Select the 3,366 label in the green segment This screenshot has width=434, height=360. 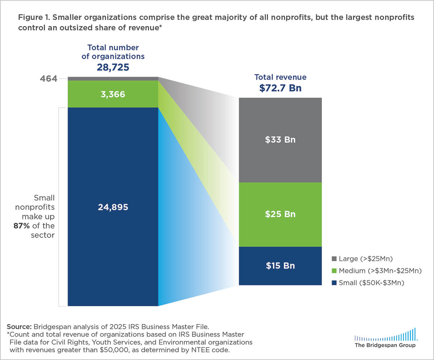pos(112,95)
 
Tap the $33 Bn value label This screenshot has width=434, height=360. pos(280,140)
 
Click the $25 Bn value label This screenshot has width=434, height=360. pos(280,214)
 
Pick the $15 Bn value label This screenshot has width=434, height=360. pos(280,266)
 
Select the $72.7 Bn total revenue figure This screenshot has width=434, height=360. pos(280,88)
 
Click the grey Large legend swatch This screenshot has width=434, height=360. pos(334,259)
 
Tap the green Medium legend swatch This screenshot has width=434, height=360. pos(334,271)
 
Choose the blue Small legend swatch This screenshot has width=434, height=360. pos(334,283)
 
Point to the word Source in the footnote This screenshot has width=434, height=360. pos(18,326)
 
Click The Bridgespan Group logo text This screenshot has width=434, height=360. pos(385,346)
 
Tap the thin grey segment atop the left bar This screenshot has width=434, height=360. pos(112,78)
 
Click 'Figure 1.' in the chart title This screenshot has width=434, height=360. pos(32,17)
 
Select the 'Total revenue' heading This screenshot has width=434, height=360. pos(280,77)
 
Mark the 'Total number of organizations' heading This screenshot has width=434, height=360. pos(112,52)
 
